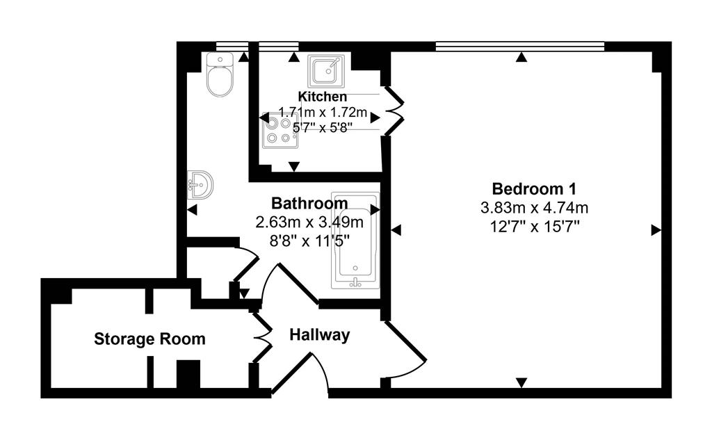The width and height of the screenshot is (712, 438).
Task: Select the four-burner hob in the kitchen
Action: (x=280, y=130)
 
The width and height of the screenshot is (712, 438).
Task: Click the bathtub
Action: (x=355, y=240)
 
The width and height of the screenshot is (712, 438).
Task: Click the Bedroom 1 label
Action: (x=533, y=188)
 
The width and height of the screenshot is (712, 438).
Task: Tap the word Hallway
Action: (x=319, y=335)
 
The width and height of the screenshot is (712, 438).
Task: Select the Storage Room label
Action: (x=149, y=339)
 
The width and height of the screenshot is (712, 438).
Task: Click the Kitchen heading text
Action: (x=322, y=97)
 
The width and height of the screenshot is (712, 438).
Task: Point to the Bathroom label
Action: (x=309, y=204)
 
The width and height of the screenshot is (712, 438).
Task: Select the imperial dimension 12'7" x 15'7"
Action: (x=534, y=225)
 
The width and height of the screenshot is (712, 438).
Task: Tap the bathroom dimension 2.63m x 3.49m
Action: (x=309, y=222)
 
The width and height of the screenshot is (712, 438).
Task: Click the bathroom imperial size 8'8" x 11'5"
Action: (x=309, y=241)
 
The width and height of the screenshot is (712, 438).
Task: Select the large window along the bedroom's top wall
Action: (x=519, y=47)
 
